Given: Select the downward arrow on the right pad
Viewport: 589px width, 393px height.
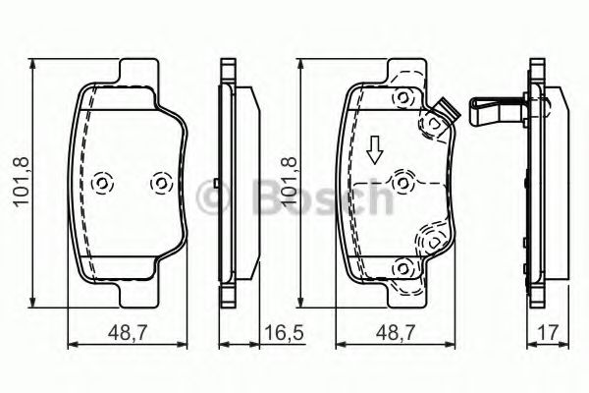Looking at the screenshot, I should click(373, 150).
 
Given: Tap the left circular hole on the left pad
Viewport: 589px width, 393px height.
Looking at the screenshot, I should click(102, 183).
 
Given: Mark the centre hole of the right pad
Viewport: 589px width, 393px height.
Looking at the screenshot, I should click(402, 183).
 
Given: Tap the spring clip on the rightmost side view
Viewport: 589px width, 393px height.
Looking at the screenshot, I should click(496, 111).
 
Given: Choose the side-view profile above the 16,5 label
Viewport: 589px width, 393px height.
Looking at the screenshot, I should click(236, 183).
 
